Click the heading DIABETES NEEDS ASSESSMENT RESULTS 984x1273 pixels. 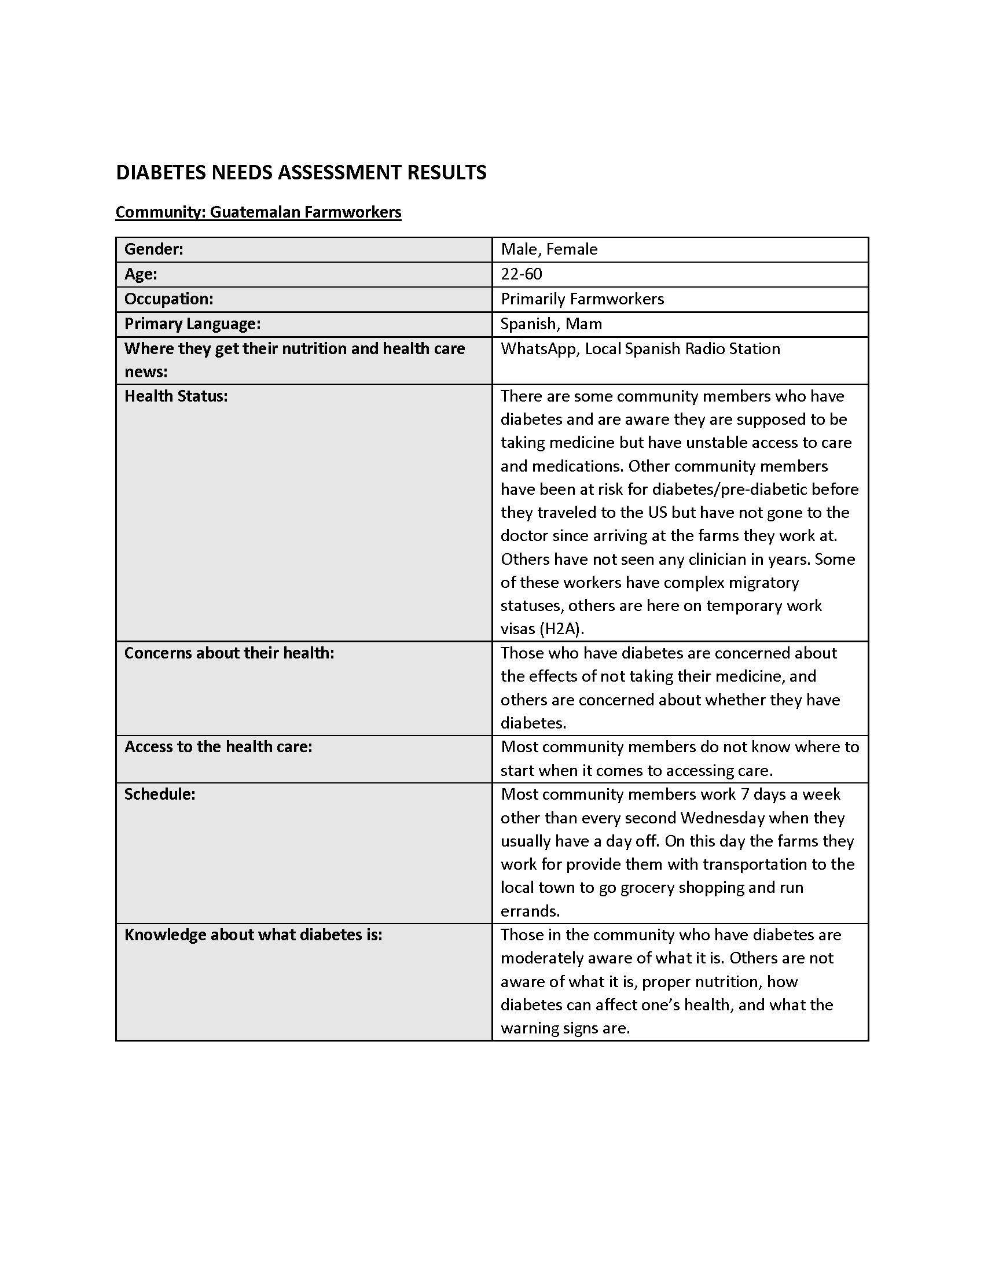(301, 172)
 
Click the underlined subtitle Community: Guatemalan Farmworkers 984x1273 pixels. (258, 212)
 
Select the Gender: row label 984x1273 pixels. (154, 249)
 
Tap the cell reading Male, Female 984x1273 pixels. (549, 249)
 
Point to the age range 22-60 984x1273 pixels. (521, 274)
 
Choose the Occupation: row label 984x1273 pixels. (168, 299)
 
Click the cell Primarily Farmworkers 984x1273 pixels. (582, 299)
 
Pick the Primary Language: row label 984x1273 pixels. (192, 324)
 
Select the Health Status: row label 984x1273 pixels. (176, 396)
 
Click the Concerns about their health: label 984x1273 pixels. (229, 653)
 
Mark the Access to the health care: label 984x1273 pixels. (218, 747)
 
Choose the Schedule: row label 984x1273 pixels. (160, 794)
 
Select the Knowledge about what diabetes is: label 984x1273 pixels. (253, 935)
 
